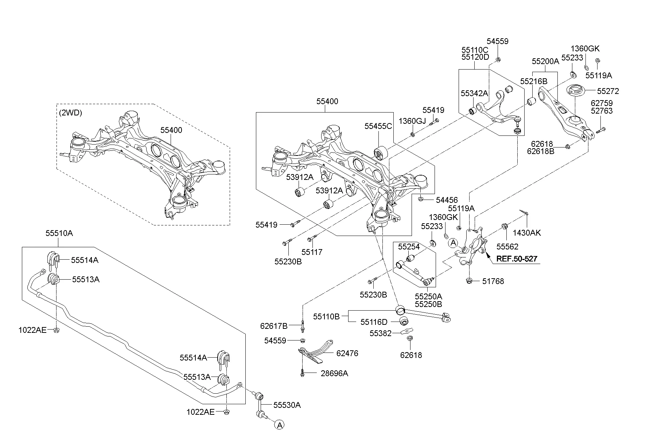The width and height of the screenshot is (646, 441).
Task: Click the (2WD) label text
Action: pyautogui.click(x=70, y=113)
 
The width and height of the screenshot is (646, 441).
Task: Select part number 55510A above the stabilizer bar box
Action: pyautogui.click(x=59, y=233)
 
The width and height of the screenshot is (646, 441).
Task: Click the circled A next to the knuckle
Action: pyautogui.click(x=453, y=243)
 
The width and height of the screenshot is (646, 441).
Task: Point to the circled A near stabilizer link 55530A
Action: pyautogui.click(x=279, y=425)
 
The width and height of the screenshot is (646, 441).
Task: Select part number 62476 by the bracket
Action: pyautogui.click(x=347, y=353)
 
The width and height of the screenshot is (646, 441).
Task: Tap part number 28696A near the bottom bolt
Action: pyautogui.click(x=334, y=373)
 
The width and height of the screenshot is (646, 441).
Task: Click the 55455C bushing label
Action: pyautogui.click(x=378, y=126)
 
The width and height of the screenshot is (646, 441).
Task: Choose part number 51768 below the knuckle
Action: pyautogui.click(x=493, y=281)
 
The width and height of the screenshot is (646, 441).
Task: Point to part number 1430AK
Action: pyautogui.click(x=527, y=233)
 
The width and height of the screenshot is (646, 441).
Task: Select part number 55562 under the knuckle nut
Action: pyautogui.click(x=507, y=247)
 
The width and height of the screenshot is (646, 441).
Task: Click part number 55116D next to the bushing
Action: pyautogui.click(x=374, y=322)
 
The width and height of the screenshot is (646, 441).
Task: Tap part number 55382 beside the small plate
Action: pyautogui.click(x=381, y=333)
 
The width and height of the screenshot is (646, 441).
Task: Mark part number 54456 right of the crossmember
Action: pyautogui.click(x=447, y=200)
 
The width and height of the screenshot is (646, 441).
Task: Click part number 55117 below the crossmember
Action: pyautogui.click(x=312, y=252)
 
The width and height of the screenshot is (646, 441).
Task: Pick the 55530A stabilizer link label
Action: pyautogui.click(x=287, y=405)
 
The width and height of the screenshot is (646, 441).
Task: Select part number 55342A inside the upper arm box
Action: pyautogui.click(x=474, y=93)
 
